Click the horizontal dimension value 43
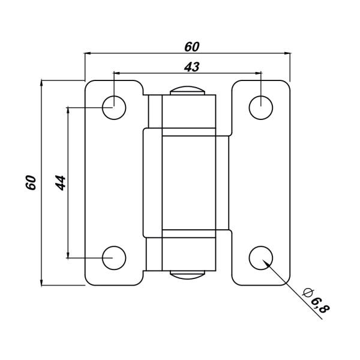click(x=192, y=67)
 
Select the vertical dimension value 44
click(x=61, y=183)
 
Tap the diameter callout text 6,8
click(x=320, y=306)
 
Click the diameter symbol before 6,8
click(x=308, y=293)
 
